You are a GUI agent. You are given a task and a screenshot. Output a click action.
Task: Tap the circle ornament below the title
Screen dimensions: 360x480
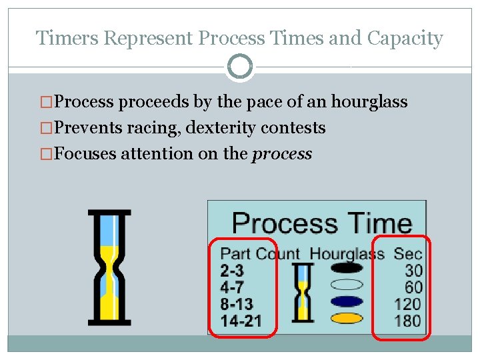pyautogui.click(x=240, y=67)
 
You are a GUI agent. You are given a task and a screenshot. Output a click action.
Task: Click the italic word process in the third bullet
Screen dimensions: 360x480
pyautogui.click(x=282, y=153)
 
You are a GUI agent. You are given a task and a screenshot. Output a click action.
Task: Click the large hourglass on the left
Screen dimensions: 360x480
pyautogui.click(x=109, y=267)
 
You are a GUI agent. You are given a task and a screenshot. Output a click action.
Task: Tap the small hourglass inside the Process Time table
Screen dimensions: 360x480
pyautogui.click(x=303, y=292)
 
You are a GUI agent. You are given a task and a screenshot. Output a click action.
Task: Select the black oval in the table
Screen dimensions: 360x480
pyautogui.click(x=346, y=268)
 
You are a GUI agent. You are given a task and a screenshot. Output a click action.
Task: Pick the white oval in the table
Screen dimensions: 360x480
pyautogui.click(x=346, y=285)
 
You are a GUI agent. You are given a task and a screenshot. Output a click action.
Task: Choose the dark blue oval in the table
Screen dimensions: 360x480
pyautogui.click(x=346, y=301)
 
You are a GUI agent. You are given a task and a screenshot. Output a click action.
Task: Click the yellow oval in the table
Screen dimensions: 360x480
pyautogui.click(x=346, y=318)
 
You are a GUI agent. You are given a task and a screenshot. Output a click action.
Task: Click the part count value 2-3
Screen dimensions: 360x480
pyautogui.click(x=232, y=270)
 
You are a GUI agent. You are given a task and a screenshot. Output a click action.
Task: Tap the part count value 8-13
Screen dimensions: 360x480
pyautogui.click(x=237, y=304)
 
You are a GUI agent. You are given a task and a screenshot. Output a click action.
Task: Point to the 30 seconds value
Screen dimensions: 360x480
pyautogui.click(x=413, y=270)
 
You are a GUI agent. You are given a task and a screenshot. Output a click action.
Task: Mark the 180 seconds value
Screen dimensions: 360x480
pyautogui.click(x=409, y=321)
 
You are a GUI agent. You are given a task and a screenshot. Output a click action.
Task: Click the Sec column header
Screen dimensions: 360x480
pyautogui.click(x=407, y=253)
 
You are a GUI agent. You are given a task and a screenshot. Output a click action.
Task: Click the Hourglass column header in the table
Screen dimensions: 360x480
pyautogui.click(x=347, y=253)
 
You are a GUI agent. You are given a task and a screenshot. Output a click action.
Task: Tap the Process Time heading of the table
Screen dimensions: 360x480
pyautogui.click(x=321, y=222)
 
